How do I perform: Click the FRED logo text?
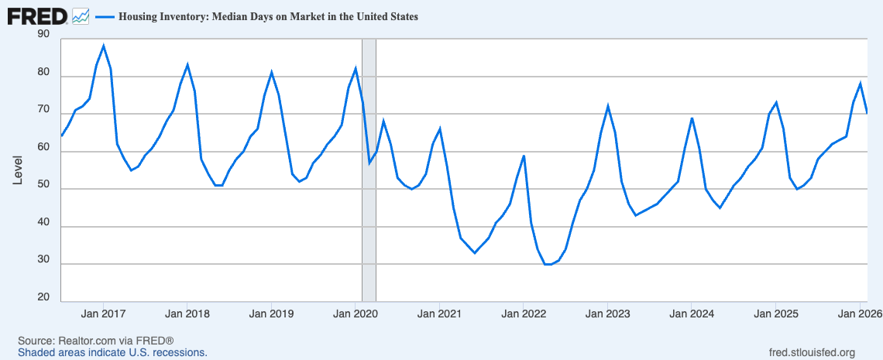(37, 16)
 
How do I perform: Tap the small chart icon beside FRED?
(81, 16)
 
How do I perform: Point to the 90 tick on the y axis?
(43, 35)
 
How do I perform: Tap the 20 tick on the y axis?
(43, 297)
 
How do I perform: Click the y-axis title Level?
(18, 170)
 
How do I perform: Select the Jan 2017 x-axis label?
(103, 314)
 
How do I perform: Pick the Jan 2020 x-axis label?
(355, 314)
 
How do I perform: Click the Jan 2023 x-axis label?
(607, 314)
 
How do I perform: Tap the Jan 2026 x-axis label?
(859, 314)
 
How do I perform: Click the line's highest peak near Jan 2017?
(103, 46)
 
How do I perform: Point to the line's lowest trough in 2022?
(548, 264)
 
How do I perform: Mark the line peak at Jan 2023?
(607, 106)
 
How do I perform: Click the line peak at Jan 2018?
(187, 65)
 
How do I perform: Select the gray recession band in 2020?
(369, 170)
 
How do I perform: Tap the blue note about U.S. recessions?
(112, 353)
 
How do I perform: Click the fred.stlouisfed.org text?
(816, 353)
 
